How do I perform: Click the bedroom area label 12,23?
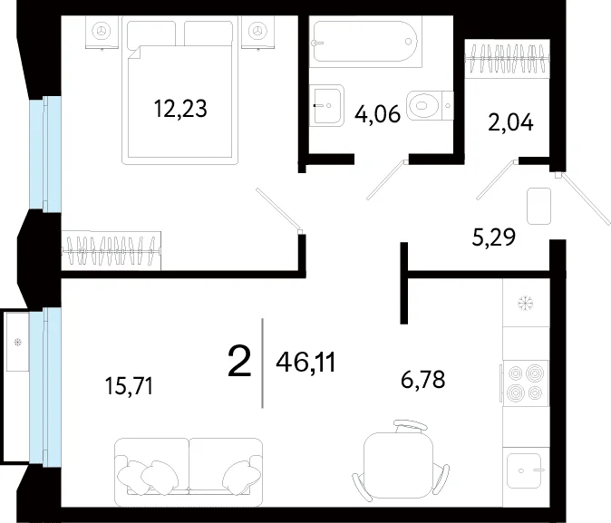coord(180,109)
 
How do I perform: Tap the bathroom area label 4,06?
coord(378,114)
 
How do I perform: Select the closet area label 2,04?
coord(510,122)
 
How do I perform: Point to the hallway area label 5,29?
coord(494,237)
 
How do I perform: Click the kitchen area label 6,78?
coord(422,380)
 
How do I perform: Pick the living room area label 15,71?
coord(129,387)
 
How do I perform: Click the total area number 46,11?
coord(305,363)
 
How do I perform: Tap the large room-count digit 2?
coord(238,362)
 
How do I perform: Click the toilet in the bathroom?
coord(430,105)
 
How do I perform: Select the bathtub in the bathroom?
coord(365,42)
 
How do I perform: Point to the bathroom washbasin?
coord(328,105)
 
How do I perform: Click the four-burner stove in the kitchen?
coord(525,383)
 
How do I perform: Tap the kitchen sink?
coord(525,470)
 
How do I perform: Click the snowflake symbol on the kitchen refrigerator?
coord(525,304)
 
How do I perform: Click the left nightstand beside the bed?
coord(102,33)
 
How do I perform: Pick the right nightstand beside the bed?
coord(257,33)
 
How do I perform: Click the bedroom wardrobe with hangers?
coord(112,250)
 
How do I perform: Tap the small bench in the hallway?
coord(538,206)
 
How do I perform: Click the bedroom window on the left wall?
coord(45,154)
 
